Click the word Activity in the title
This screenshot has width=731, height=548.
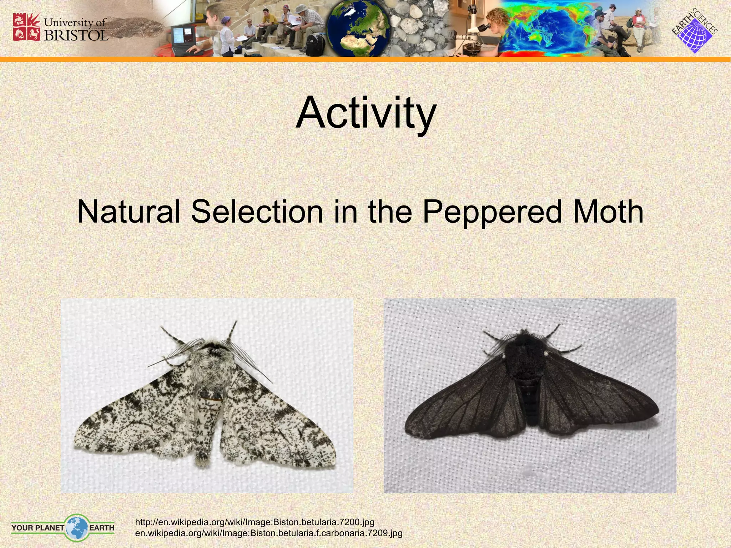point(366,113)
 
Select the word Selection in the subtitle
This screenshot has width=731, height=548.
point(257,212)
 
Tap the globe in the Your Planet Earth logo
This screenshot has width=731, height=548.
point(77,528)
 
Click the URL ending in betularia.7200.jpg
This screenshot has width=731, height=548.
point(255,522)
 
